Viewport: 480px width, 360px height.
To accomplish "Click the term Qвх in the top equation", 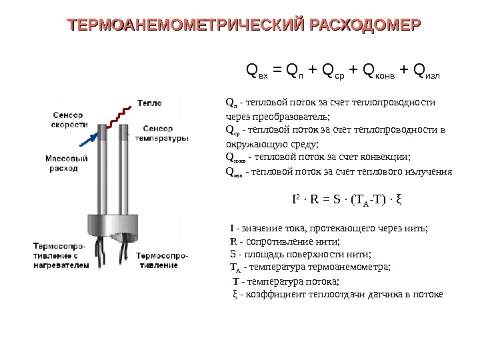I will click(257, 70).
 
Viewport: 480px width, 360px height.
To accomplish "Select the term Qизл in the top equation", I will click(427, 70).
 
